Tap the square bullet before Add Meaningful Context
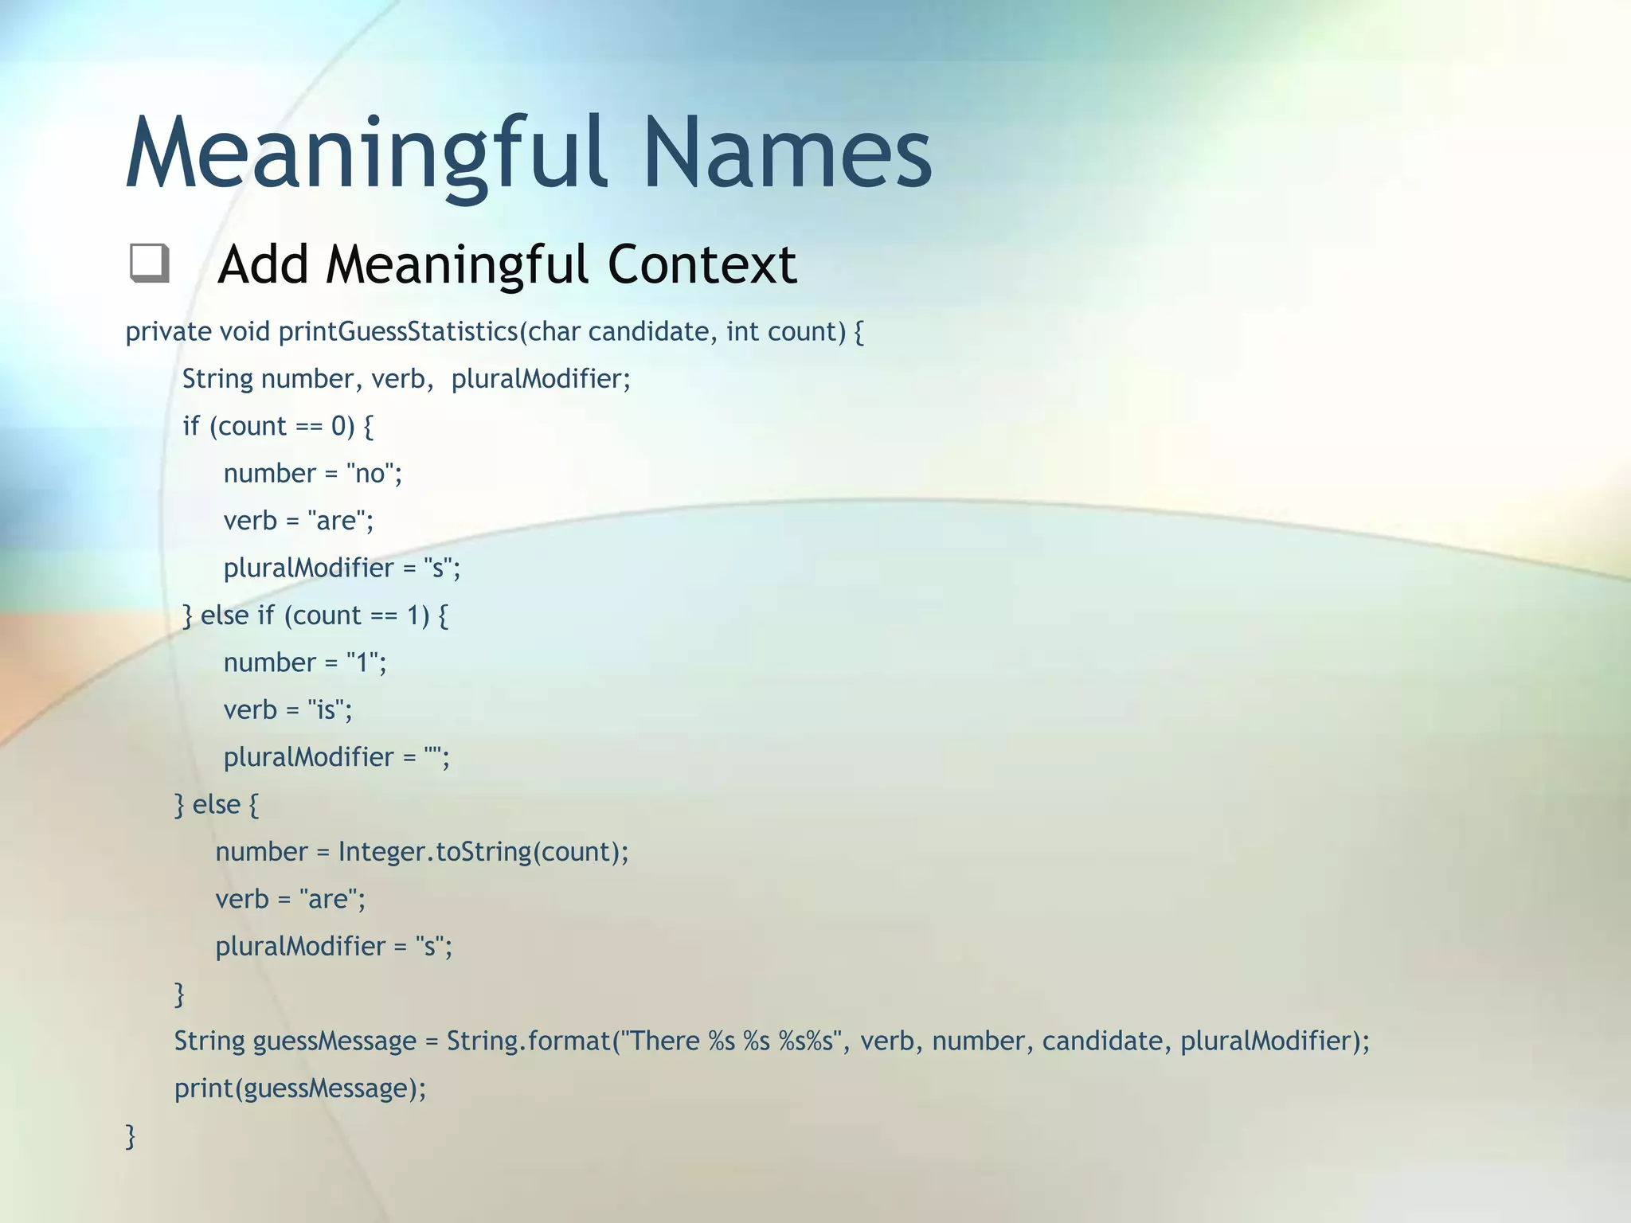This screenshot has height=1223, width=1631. (150, 264)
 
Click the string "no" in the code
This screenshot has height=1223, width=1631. (370, 474)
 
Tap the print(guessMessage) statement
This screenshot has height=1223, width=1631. (300, 1088)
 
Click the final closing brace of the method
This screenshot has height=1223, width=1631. (131, 1136)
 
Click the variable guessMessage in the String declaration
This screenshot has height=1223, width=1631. (334, 1041)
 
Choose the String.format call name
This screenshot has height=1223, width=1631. (527, 1041)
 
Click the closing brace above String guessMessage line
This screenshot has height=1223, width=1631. (179, 994)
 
